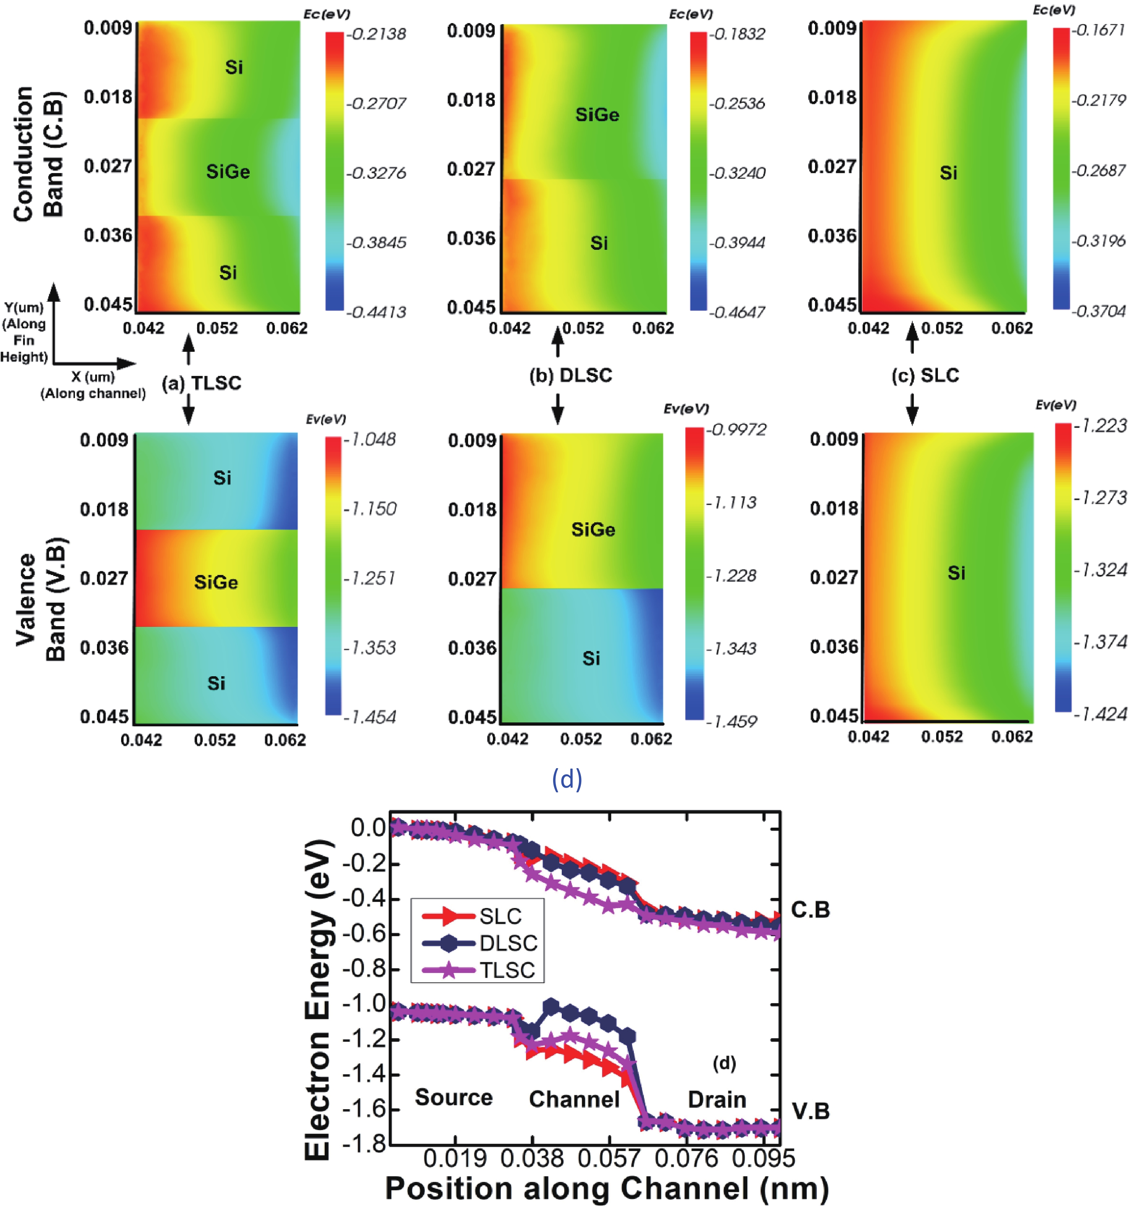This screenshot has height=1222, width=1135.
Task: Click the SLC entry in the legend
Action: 499,916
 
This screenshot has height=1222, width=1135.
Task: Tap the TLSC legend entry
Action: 506,970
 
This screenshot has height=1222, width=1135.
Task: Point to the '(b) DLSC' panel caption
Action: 571,375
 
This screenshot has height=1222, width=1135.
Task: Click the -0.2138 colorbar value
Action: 376,34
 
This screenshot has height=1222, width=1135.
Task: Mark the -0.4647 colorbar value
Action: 737,312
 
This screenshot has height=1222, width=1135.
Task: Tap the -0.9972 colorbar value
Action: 736,429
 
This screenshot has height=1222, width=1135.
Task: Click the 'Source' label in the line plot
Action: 454,1097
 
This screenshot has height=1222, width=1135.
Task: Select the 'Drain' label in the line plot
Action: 717,1099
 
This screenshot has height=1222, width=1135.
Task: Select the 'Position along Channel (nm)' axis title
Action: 607,1189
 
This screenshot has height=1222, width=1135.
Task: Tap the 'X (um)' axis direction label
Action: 93,377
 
